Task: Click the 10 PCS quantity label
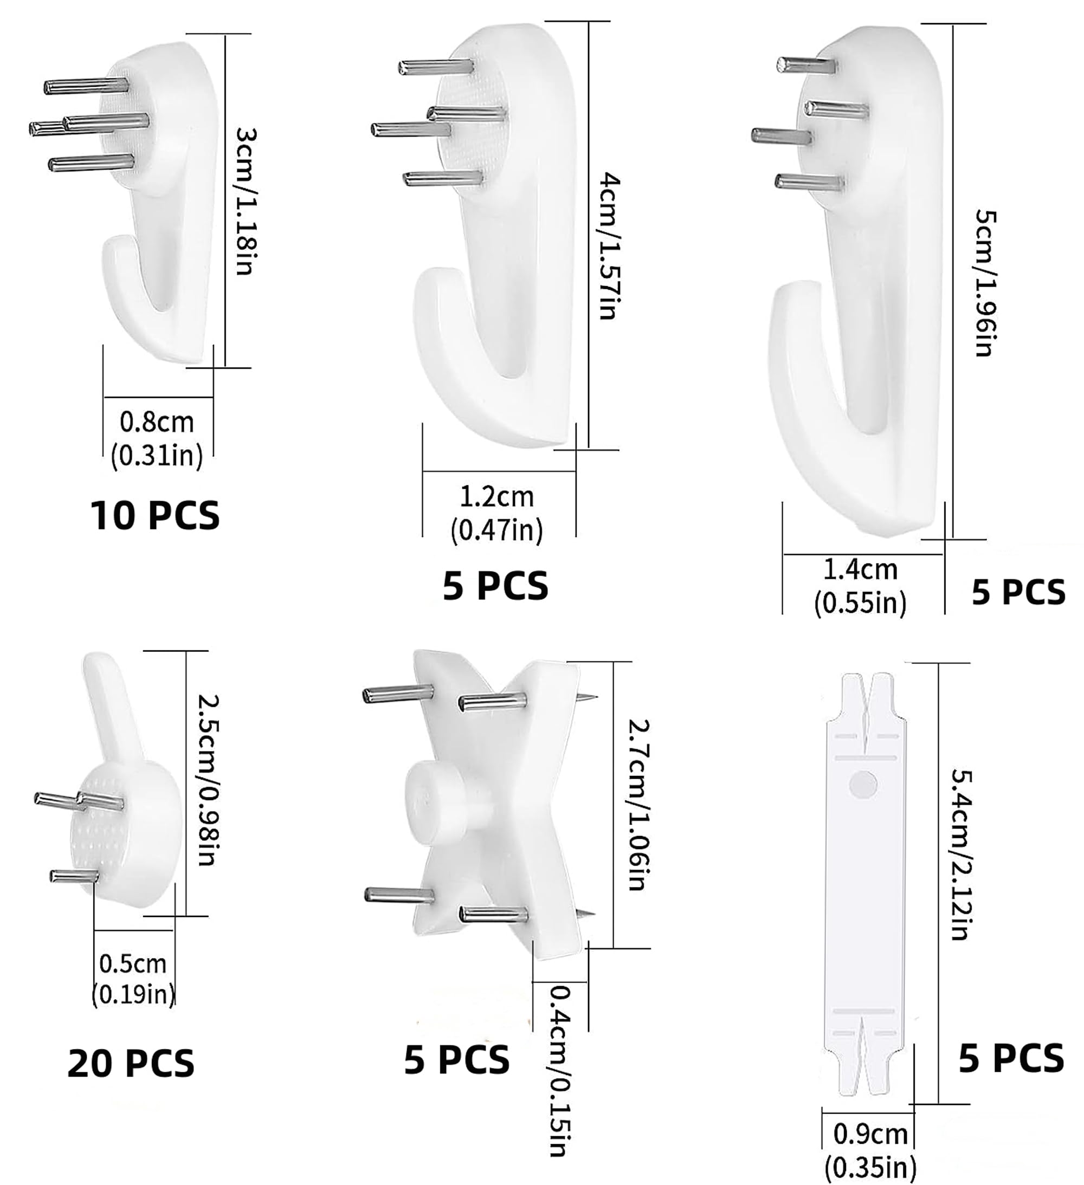click(x=154, y=515)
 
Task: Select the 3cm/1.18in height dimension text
click(x=245, y=201)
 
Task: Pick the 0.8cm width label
click(x=157, y=422)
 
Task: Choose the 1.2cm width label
click(x=496, y=497)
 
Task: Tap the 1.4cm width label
click(x=860, y=569)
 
